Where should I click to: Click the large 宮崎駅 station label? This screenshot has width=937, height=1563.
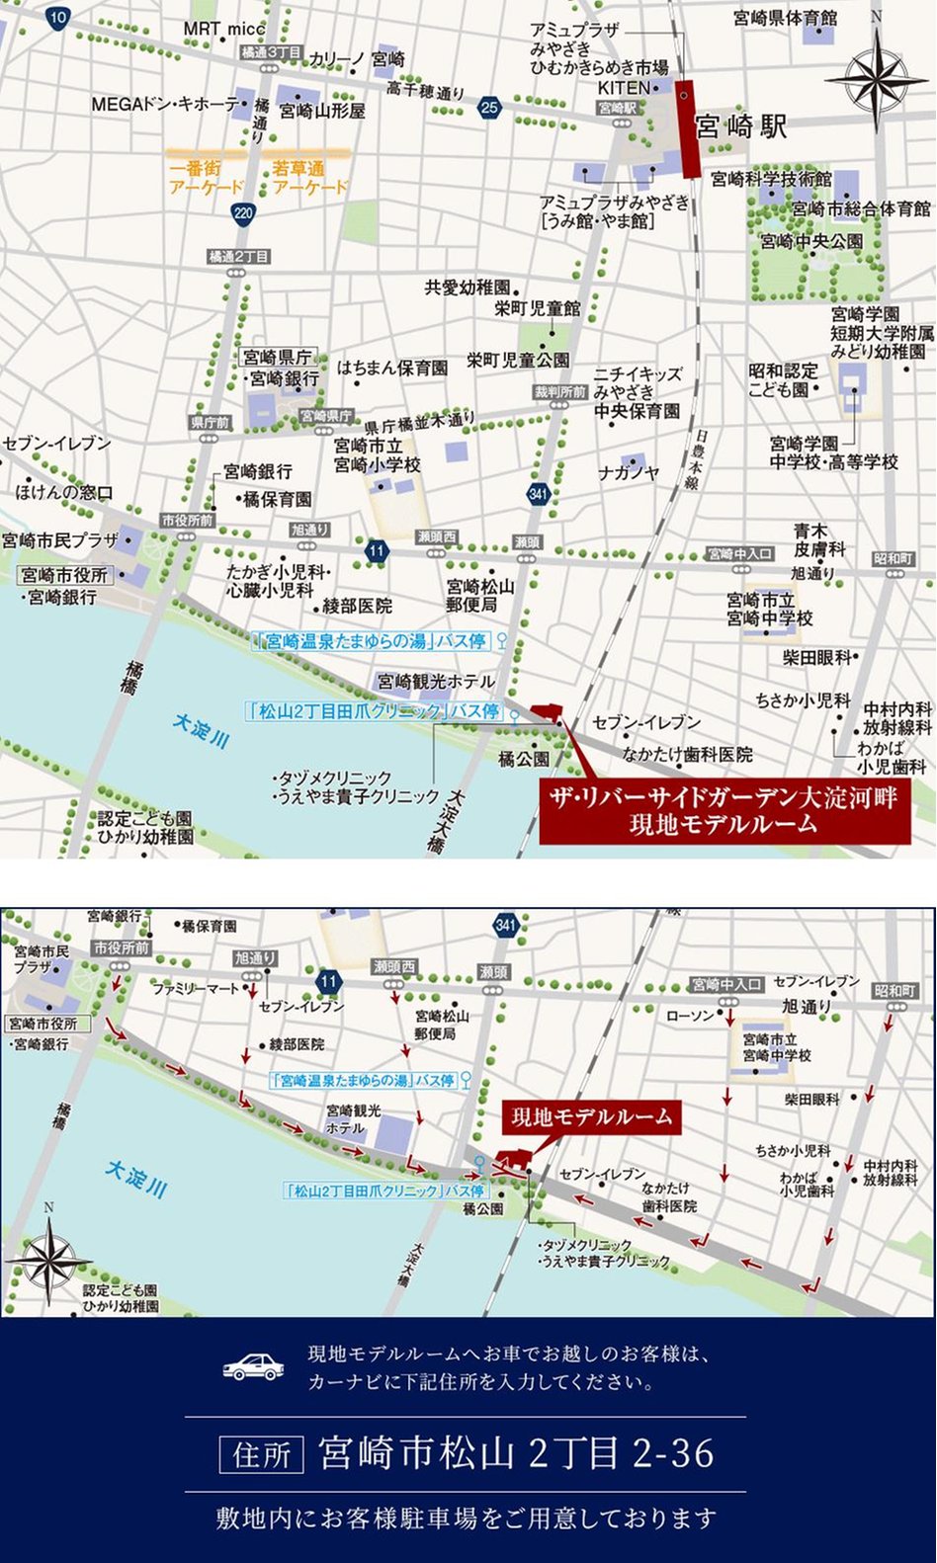(741, 126)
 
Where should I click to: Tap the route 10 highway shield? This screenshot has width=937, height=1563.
(57, 17)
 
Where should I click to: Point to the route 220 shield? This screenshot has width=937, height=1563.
(243, 212)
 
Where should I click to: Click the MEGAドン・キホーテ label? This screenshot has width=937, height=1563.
(166, 104)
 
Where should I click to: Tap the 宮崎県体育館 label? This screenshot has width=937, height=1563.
(785, 18)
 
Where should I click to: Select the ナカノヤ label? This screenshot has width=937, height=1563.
(628, 473)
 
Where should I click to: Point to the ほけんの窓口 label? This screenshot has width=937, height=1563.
(64, 492)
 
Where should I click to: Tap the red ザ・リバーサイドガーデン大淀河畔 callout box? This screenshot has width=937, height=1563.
(724, 811)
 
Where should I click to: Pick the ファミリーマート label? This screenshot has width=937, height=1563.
(196, 988)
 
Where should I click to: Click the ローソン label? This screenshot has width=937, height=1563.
(690, 1016)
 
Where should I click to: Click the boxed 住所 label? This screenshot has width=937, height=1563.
(261, 1454)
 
